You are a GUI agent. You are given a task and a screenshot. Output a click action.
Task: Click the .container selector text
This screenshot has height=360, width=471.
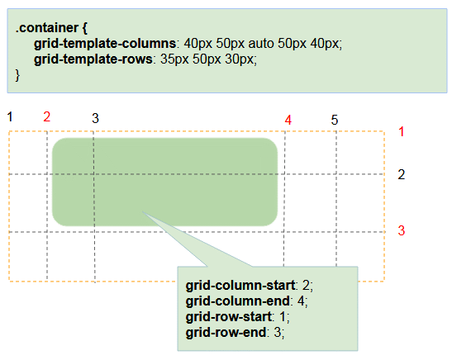pyautogui.click(x=47, y=28)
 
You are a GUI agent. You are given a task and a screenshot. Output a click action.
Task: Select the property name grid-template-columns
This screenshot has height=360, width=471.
pyautogui.click(x=105, y=44)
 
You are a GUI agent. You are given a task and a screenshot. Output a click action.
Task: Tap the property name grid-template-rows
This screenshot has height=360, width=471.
pyautogui.click(x=93, y=59)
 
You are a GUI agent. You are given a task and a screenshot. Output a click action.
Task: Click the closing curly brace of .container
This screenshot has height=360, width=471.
pyautogui.click(x=17, y=75)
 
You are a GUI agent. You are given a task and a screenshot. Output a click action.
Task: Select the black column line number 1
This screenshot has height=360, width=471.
pyautogui.click(x=10, y=116)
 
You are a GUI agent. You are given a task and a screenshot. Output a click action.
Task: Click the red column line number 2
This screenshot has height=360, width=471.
pyautogui.click(x=46, y=116)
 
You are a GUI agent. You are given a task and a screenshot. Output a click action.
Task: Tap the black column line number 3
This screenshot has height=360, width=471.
pyautogui.click(x=95, y=118)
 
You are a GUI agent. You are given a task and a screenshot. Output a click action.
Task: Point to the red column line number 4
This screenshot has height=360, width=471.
pyautogui.click(x=288, y=120)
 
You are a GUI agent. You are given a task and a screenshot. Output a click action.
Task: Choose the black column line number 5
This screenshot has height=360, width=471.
pyautogui.click(x=335, y=120)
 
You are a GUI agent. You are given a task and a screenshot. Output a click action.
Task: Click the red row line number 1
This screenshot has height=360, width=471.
pyautogui.click(x=402, y=131)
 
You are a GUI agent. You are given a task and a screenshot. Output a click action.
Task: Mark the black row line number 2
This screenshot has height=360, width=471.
pyautogui.click(x=402, y=175)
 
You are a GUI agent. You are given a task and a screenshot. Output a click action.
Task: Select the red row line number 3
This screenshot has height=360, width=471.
pyautogui.click(x=402, y=230)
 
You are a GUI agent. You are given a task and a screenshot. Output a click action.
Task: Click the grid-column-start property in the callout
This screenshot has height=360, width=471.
pyautogui.click(x=240, y=285)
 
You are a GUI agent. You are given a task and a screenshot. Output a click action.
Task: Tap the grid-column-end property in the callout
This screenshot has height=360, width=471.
pyautogui.click(x=238, y=301)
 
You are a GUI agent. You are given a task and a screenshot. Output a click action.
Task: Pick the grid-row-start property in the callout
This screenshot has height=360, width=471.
pyautogui.click(x=229, y=317)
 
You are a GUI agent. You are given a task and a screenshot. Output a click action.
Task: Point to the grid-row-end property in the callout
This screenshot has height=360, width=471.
pyautogui.click(x=226, y=333)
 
